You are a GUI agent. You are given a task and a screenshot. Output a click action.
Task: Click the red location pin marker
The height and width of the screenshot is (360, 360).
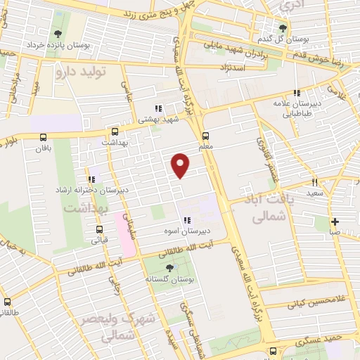tap(181, 165)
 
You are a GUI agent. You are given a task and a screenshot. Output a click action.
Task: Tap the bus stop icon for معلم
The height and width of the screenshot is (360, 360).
tap(205, 136)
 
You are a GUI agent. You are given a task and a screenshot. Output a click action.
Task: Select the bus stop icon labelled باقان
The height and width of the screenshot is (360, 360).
tap(44, 138)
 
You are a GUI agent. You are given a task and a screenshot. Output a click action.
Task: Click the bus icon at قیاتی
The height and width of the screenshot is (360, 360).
tap(98, 229)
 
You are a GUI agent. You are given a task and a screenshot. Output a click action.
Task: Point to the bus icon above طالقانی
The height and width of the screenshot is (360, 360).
tap(7, 302)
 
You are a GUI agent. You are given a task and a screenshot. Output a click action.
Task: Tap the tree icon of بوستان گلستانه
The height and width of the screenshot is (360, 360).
tap(168, 267)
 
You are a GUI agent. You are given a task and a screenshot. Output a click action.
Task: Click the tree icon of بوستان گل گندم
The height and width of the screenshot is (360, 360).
tap(283, 28)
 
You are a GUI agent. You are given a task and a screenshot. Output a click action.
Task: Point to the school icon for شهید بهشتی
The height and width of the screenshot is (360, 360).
tap(158, 109)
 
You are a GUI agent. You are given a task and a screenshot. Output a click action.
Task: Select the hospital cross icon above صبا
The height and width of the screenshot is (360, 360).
tap(335, 221)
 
